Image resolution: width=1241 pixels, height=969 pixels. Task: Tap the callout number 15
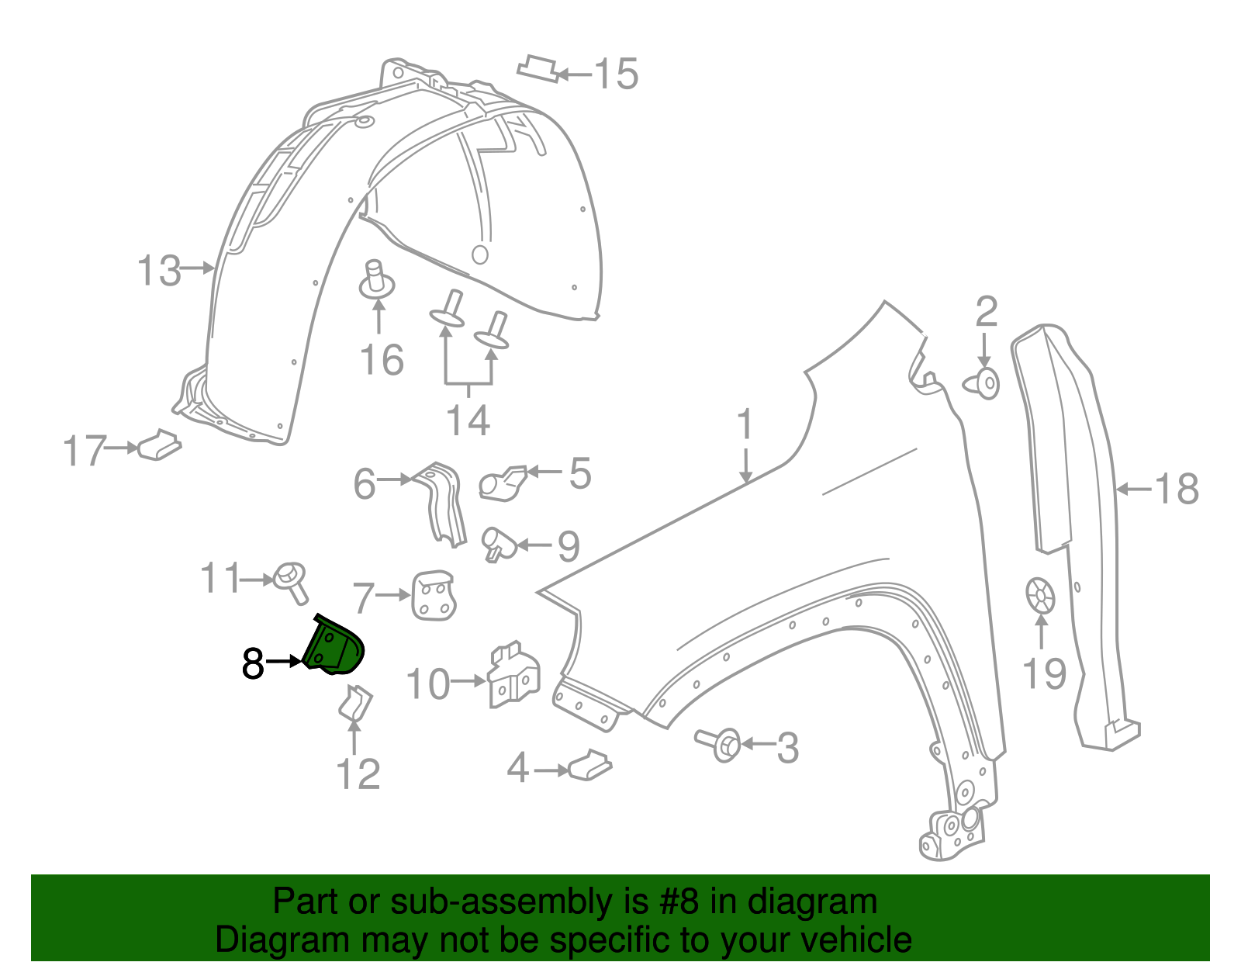point(616,74)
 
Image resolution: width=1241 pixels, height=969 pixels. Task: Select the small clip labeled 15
point(538,68)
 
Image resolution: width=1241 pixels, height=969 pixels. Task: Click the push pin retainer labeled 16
point(377,281)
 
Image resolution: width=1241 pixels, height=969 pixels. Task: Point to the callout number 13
point(158,271)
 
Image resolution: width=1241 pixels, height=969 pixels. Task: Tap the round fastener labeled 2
point(983,383)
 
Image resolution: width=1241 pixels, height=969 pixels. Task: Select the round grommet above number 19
point(1040,596)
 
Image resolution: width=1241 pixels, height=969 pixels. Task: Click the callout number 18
point(1177,490)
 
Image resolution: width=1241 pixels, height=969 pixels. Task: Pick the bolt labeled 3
point(719,744)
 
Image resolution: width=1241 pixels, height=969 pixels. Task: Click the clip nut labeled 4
point(590,765)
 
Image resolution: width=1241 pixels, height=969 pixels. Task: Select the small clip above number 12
point(355,703)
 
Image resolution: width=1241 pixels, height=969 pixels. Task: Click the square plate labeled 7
point(433,596)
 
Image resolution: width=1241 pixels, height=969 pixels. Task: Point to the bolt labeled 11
point(290,580)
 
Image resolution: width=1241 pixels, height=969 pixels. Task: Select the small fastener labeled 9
point(496,543)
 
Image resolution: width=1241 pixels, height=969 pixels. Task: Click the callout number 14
point(468,420)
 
